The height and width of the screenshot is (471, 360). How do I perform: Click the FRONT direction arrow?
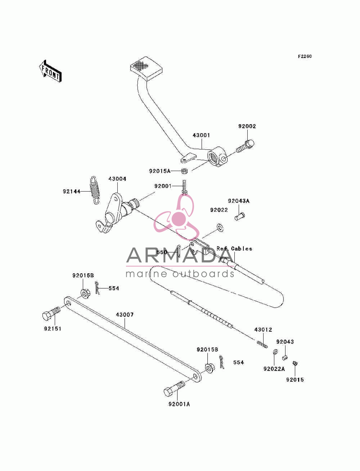[50, 71]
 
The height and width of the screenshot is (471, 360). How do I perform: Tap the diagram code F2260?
[305, 57]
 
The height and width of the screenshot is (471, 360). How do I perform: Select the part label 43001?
[201, 135]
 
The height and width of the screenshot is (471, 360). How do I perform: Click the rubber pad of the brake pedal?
[146, 69]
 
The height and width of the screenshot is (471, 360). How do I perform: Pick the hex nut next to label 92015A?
[184, 171]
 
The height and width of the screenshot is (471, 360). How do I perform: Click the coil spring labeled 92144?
[94, 190]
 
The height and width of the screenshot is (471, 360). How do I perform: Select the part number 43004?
[117, 179]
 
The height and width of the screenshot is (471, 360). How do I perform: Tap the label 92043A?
[239, 201]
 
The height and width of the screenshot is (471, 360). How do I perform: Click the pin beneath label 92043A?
[240, 216]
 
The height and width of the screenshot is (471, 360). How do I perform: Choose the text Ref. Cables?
[234, 249]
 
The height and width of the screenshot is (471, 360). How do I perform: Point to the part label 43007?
[125, 315]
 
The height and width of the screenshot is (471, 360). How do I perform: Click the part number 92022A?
[274, 369]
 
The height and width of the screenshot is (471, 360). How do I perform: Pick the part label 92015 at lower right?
[295, 380]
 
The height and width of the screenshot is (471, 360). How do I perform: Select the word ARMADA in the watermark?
[180, 255]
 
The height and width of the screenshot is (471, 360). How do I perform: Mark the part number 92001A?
[179, 404]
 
